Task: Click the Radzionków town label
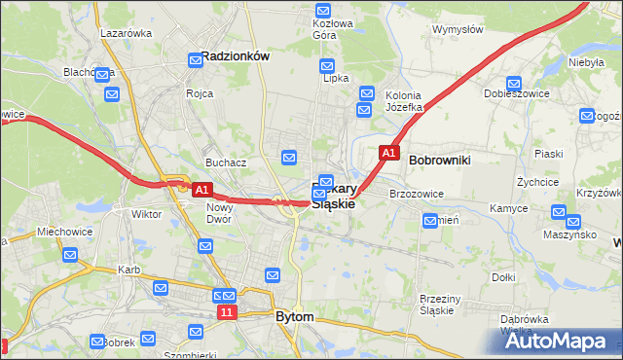click(235, 57)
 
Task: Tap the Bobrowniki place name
click(440, 158)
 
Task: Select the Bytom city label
click(295, 317)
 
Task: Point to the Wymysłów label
click(458, 29)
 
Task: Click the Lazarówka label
click(127, 33)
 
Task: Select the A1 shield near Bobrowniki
click(388, 154)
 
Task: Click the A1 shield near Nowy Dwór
click(202, 189)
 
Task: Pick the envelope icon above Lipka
click(328, 66)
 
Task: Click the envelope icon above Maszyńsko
click(560, 213)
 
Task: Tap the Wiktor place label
click(147, 214)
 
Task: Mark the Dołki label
click(503, 277)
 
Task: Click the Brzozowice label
click(417, 194)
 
